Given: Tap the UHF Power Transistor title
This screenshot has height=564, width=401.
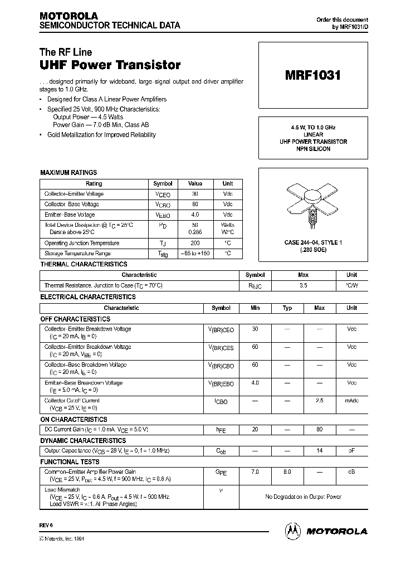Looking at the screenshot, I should tap(110, 65).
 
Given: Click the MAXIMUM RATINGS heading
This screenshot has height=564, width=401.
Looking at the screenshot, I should tap(69, 173).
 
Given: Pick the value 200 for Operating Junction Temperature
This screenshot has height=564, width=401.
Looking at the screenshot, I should tap(195, 243).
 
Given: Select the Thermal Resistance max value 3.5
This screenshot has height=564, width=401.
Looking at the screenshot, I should tap(304, 285).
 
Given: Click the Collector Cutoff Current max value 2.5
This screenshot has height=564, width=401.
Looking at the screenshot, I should tap(320, 401).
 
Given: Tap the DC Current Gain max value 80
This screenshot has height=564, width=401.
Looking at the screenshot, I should tap(320, 430).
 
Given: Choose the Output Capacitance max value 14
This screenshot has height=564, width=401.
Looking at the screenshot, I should tap(320, 450).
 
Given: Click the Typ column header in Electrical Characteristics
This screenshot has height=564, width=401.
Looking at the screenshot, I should tap(287, 308).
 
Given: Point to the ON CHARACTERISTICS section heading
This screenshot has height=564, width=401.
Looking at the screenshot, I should tap(74, 420).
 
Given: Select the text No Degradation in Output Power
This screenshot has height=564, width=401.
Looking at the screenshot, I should tap(303, 497).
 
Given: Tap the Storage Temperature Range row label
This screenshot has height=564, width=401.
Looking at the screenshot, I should tap(81, 254).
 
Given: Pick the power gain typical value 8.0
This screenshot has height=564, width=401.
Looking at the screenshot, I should tap(287, 472).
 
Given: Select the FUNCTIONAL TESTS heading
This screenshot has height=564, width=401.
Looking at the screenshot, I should tap(70, 461).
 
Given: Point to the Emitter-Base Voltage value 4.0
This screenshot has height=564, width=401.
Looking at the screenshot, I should tap(195, 215).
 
